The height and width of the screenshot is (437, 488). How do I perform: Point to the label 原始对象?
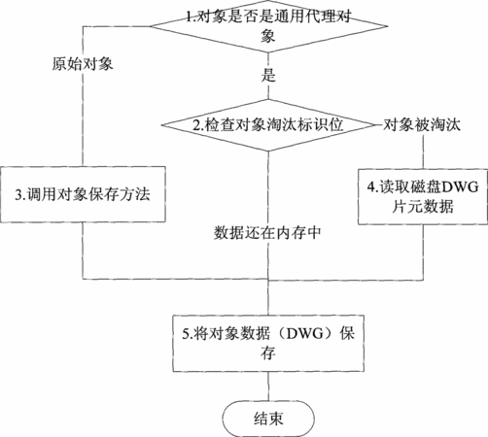click(83, 64)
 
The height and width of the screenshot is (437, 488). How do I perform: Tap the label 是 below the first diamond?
click(268, 75)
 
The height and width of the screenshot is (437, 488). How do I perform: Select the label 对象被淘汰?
click(422, 124)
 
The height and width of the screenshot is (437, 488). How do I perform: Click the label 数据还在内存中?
click(267, 232)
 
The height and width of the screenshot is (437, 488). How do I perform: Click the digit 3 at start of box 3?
click(18, 194)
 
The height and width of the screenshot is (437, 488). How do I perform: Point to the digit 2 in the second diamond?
click(196, 125)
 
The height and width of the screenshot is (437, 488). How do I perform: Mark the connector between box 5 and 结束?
click(268, 387)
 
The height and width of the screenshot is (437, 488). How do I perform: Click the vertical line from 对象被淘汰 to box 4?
click(423, 151)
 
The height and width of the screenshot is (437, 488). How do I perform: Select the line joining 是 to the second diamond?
click(268, 91)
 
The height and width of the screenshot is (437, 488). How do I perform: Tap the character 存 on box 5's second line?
click(268, 353)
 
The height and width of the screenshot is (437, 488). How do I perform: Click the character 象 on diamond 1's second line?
click(268, 35)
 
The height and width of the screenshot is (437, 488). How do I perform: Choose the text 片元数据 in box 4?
click(423, 206)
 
